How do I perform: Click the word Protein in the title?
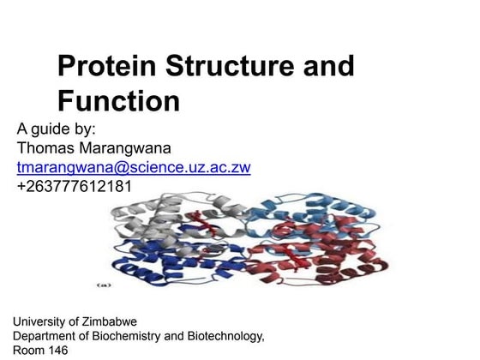[105, 67]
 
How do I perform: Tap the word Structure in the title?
[230, 67]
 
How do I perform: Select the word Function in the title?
[118, 101]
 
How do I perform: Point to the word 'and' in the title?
[329, 67]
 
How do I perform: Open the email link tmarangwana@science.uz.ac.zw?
[134, 167]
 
